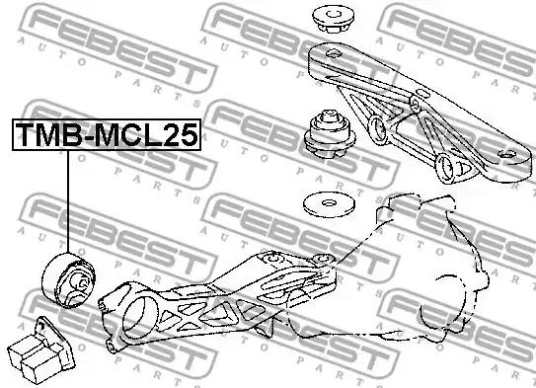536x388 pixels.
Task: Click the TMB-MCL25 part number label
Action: pos(107,134)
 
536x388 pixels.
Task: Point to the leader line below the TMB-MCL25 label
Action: pos(68,201)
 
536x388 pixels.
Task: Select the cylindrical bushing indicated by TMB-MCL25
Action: pos(69,280)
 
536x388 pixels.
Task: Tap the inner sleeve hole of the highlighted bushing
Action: pos(82,282)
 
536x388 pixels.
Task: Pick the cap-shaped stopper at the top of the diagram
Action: pos(334,19)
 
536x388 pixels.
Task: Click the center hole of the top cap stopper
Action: pos(334,15)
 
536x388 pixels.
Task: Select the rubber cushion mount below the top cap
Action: pos(329,134)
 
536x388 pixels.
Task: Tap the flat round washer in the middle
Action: pos(329,204)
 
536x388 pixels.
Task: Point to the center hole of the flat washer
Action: pos(329,203)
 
